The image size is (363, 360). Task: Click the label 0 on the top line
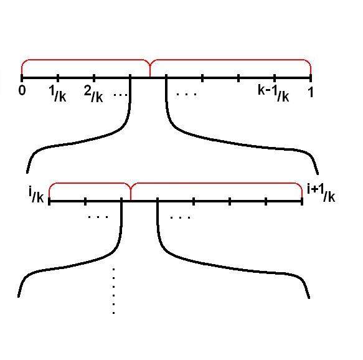tap(22, 90)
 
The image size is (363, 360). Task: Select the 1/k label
tap(58, 93)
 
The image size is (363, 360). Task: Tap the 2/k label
tap(93, 95)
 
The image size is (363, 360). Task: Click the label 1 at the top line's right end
tap(311, 92)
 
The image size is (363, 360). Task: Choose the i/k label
tap(36, 195)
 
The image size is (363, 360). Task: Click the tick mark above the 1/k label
tap(58, 78)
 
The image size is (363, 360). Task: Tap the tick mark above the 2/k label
tap(94, 78)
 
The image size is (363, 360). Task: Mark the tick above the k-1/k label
tap(275, 78)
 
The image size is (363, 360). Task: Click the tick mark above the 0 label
tap(22, 78)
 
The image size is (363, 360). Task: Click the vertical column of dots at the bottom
tap(113, 291)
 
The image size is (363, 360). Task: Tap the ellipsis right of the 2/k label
tap(120, 95)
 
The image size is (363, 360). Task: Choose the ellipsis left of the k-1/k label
tap(186, 94)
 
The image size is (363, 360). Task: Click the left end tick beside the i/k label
tap(49, 201)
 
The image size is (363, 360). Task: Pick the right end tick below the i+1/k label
tap(302, 201)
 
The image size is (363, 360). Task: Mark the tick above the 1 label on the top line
tap(311, 78)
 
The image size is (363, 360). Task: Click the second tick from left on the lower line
tap(85, 201)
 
